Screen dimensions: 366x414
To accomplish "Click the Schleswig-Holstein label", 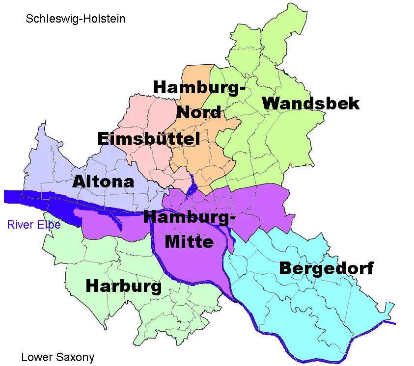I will point(76,19).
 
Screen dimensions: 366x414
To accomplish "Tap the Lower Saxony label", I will point(57,357).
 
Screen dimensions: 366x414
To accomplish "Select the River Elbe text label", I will point(34,225).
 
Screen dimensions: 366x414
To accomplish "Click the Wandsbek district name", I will point(311,104).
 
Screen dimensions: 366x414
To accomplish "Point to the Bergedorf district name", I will point(326,268).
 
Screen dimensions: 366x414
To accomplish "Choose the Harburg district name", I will point(123,286).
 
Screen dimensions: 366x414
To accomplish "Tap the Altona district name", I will point(103,182).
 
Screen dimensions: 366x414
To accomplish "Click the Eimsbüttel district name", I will point(148,139).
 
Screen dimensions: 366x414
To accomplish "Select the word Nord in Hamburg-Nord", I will point(199,112).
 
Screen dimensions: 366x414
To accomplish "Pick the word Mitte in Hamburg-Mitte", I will point(189,241).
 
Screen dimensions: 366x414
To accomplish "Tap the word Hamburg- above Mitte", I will point(189,216).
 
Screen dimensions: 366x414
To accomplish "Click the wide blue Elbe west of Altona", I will point(20,196).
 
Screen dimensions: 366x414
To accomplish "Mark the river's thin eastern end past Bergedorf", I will point(390,323).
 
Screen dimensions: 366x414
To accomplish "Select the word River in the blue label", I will point(17,225).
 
